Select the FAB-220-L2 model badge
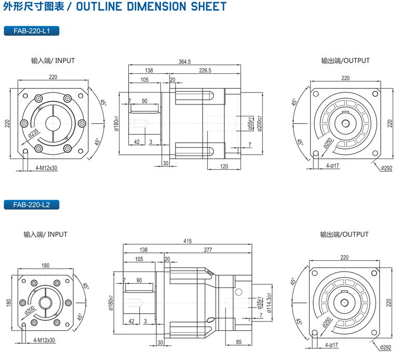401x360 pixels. (x=32, y=205)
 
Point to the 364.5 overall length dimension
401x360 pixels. (x=184, y=61)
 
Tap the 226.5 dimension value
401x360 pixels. (x=205, y=71)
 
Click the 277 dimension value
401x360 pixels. (x=208, y=250)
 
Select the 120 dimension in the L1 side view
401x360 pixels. (x=224, y=166)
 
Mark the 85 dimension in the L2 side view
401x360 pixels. (x=238, y=341)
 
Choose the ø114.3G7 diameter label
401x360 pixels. (x=269, y=302)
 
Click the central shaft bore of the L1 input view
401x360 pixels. (x=53, y=123)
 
